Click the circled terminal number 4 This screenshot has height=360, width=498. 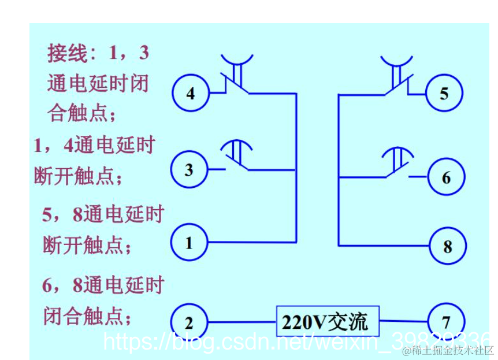click(x=191, y=92)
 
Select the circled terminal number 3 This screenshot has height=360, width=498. click(x=188, y=169)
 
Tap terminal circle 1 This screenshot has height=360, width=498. click(x=188, y=243)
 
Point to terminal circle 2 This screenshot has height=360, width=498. click(x=189, y=322)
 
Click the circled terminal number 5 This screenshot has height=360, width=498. click(x=444, y=93)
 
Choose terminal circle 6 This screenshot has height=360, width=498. click(x=445, y=177)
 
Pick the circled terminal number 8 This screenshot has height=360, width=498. click(x=447, y=247)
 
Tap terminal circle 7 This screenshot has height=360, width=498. click(x=445, y=321)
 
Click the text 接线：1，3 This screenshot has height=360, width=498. click(x=98, y=54)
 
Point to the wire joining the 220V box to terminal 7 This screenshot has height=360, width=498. click(x=403, y=321)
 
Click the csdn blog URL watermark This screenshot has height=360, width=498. click(x=295, y=341)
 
